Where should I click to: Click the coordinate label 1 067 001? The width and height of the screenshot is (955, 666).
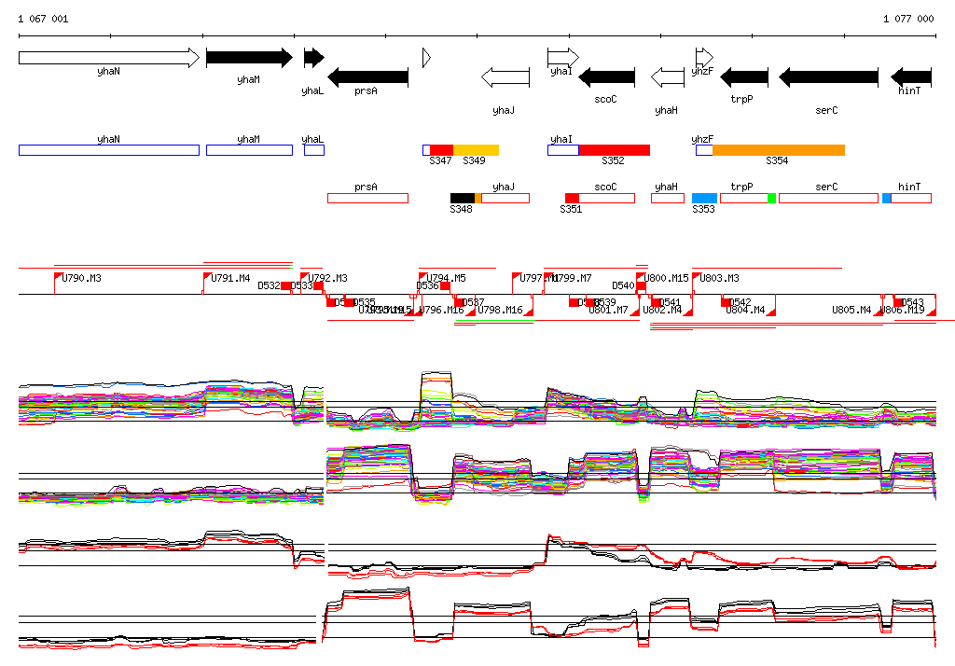click(x=43, y=19)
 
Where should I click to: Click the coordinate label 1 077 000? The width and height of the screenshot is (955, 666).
click(x=908, y=19)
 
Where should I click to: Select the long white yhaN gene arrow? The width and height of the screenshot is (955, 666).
click(x=108, y=58)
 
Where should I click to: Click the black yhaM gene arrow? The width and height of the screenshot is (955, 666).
click(x=248, y=58)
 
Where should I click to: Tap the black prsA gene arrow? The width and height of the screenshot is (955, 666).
click(x=367, y=76)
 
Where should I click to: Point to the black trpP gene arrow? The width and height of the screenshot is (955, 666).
click(x=744, y=76)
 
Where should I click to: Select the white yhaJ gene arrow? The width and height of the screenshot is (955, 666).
click(x=504, y=76)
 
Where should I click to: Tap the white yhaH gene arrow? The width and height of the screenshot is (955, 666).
click(x=667, y=76)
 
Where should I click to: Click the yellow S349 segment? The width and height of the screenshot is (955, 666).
click(x=476, y=150)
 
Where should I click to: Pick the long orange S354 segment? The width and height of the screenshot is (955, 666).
click(x=779, y=150)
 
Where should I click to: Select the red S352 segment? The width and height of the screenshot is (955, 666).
click(x=614, y=150)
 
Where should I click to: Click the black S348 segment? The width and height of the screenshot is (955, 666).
click(x=463, y=198)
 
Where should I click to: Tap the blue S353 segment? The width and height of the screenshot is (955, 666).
click(x=704, y=198)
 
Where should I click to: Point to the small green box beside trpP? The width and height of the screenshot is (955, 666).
click(x=771, y=198)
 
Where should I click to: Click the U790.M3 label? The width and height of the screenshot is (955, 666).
click(x=82, y=279)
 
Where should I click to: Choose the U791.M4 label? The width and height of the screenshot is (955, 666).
click(x=230, y=279)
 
